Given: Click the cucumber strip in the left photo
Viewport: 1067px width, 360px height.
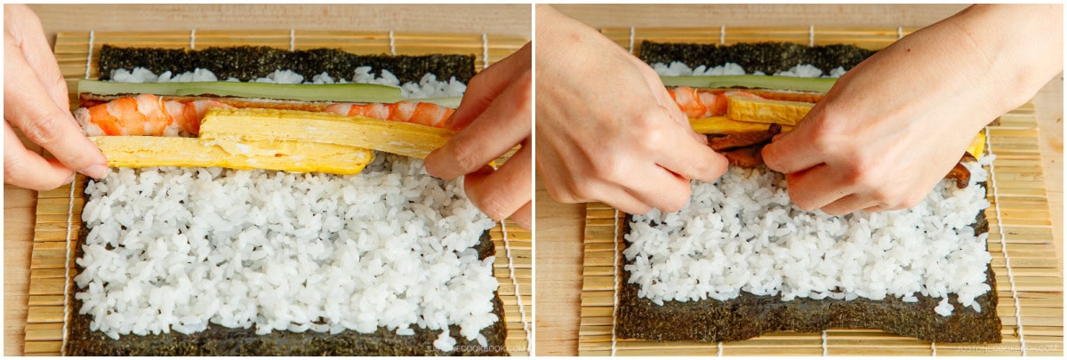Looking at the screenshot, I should [240, 90].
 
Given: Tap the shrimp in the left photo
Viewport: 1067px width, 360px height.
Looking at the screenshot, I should [142, 116].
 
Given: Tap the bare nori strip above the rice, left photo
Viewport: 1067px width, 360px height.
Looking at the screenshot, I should [285, 61].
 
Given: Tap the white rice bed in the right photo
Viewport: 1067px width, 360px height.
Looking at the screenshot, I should [800, 249].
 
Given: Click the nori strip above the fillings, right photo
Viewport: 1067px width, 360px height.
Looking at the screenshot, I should [756, 55].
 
